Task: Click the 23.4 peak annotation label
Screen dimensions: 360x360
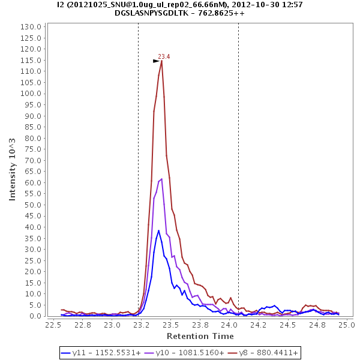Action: [x=164, y=56]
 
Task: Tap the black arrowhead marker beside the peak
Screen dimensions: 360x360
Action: [x=156, y=61]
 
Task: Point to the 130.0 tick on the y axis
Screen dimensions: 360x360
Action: [x=31, y=27]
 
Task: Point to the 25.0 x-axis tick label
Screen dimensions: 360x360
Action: [x=347, y=325]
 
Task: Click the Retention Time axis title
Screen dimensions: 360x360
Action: [x=200, y=336]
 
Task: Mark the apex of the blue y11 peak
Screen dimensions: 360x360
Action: [x=159, y=230]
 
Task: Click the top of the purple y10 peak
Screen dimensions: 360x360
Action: [x=161, y=179]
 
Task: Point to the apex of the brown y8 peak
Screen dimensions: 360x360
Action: [x=161, y=60]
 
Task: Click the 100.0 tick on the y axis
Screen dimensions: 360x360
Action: [x=31, y=94]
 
